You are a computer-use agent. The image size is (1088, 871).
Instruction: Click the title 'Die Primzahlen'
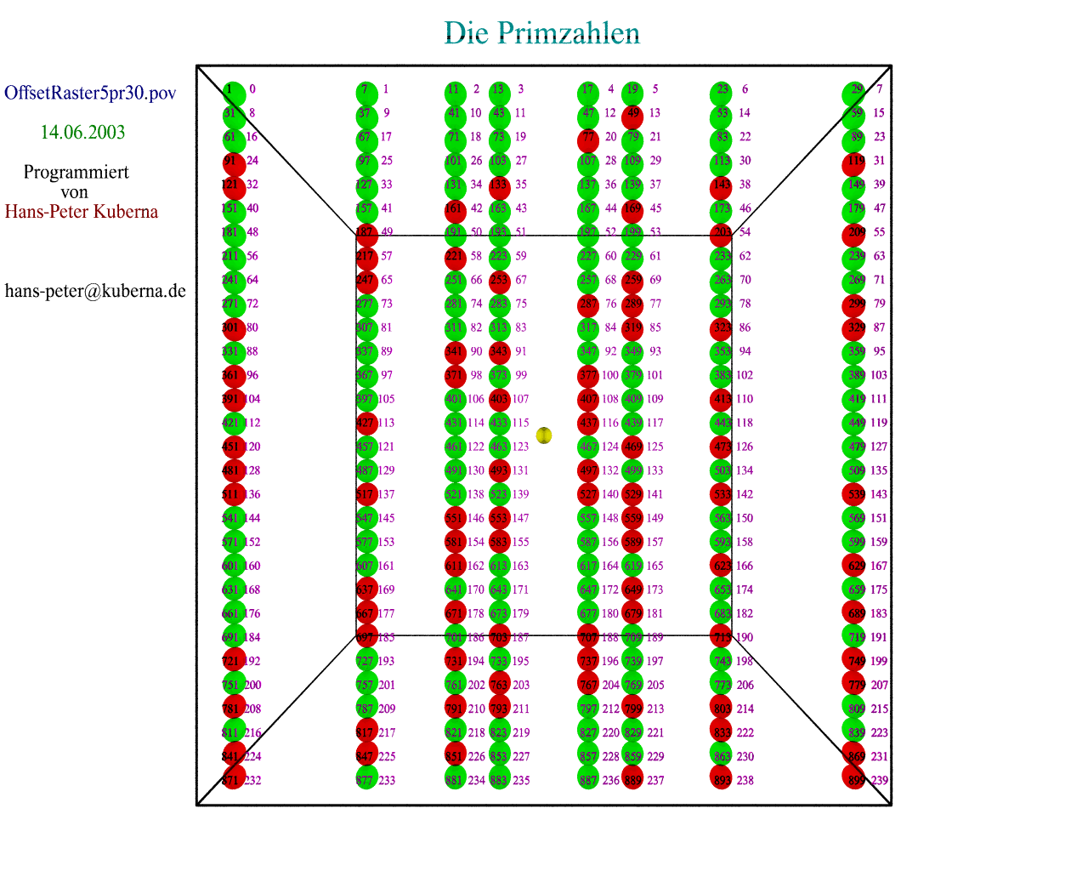click(541, 33)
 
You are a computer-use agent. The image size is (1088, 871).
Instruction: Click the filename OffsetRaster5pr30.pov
click(90, 93)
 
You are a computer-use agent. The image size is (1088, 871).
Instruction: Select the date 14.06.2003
click(82, 133)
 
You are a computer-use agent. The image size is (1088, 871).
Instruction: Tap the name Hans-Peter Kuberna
click(82, 212)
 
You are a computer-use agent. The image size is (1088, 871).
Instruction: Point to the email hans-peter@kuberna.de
click(95, 291)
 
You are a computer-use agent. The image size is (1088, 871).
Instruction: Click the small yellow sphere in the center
click(544, 435)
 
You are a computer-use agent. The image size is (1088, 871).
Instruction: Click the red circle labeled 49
click(632, 116)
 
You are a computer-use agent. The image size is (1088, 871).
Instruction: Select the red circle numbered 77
click(588, 139)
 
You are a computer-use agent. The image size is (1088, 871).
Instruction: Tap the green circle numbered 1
click(234, 92)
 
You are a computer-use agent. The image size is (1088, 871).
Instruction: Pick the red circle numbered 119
click(854, 163)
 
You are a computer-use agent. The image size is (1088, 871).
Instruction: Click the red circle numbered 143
click(721, 187)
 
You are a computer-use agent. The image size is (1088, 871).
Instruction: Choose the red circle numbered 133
click(500, 187)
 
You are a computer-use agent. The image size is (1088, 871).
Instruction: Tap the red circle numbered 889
click(632, 778)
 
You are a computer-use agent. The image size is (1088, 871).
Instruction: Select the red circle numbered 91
click(234, 163)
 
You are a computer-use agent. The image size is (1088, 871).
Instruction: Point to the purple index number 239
click(879, 781)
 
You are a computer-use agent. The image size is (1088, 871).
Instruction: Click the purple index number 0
click(252, 89)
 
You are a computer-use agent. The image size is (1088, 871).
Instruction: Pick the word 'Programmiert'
click(76, 173)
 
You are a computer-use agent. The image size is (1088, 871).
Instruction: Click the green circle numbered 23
click(721, 92)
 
